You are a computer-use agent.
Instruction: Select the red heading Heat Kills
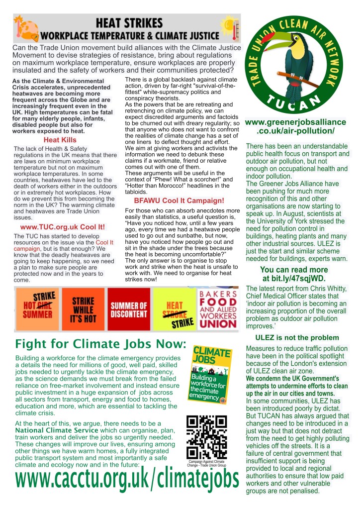(x=60, y=140)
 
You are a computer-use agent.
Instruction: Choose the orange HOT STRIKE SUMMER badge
(x=37, y=308)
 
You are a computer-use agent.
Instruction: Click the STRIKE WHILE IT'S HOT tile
(x=84, y=308)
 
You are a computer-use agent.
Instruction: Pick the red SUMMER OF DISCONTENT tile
(x=129, y=309)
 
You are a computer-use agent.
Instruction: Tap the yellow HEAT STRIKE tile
(x=174, y=309)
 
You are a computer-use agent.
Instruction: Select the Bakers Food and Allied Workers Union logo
(x=218, y=309)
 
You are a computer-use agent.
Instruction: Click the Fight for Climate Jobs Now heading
(x=100, y=344)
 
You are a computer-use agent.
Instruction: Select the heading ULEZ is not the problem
(x=297, y=338)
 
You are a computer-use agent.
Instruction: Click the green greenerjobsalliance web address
(x=297, y=126)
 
